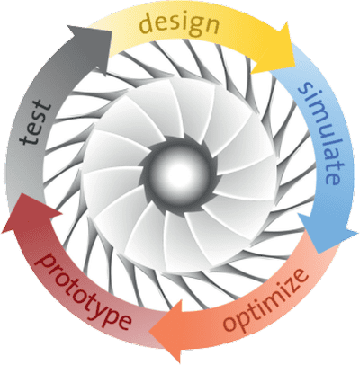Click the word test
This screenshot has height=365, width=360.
[x=35, y=122]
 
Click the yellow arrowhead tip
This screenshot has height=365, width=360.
[x=296, y=58]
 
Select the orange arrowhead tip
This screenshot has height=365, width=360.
[x=149, y=332]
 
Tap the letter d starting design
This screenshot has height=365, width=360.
[x=148, y=24]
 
